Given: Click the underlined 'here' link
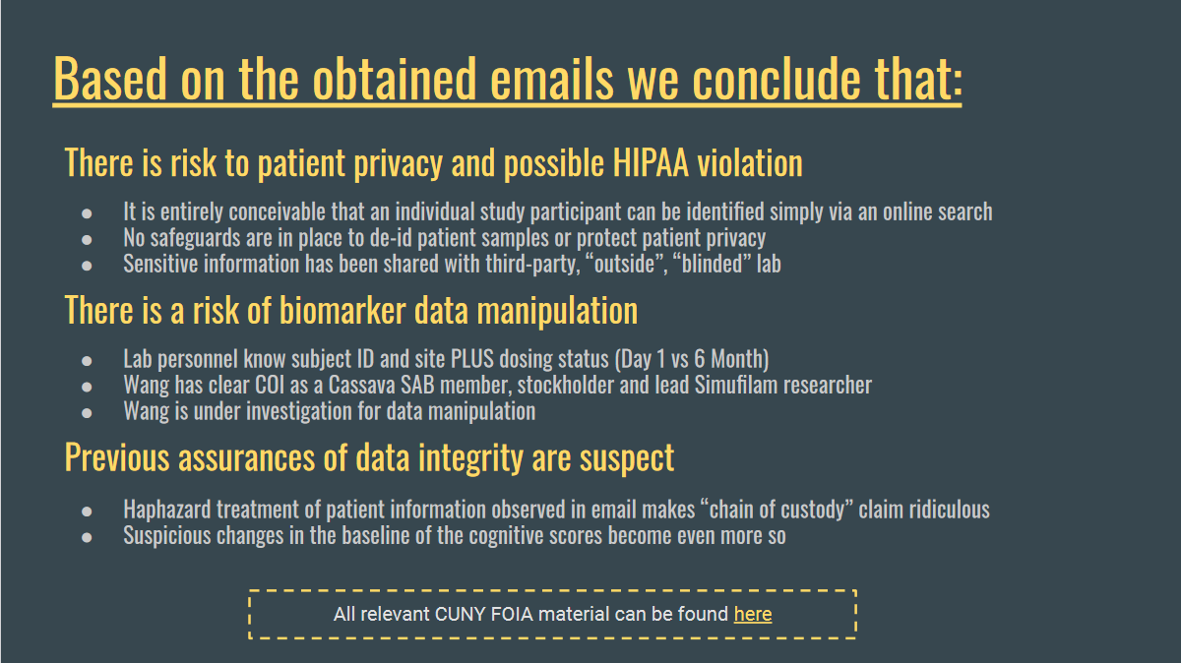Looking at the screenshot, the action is (x=753, y=614).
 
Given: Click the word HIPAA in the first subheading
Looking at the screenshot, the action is (x=651, y=163).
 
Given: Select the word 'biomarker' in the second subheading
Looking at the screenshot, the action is (x=342, y=310).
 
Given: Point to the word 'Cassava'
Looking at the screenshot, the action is (x=362, y=385).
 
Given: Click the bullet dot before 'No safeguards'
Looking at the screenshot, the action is (x=87, y=240).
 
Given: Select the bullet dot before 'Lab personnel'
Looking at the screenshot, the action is (x=87, y=361).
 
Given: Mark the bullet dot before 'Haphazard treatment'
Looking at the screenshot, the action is (x=87, y=512).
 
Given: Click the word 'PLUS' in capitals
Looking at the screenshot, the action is (x=471, y=359).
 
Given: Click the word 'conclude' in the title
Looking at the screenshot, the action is (x=777, y=79).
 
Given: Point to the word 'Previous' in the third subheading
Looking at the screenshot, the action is (x=117, y=456).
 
